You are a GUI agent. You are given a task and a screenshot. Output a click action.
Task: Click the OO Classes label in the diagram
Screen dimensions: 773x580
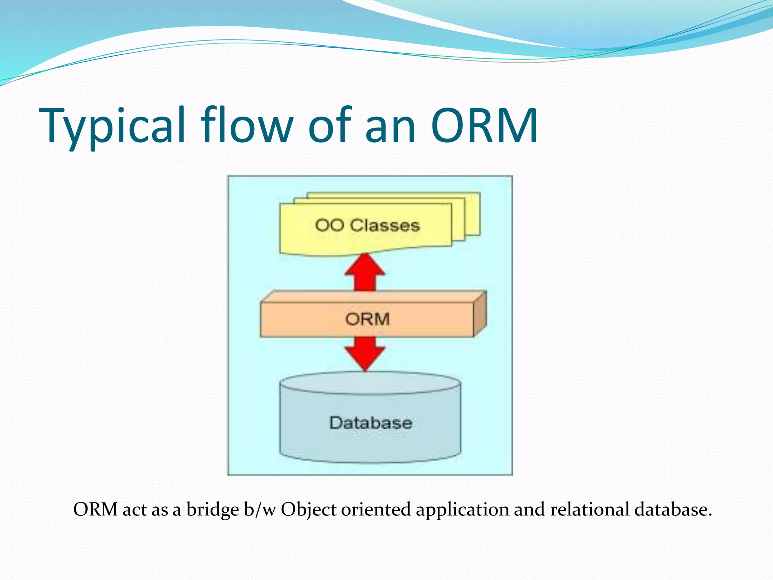(x=367, y=225)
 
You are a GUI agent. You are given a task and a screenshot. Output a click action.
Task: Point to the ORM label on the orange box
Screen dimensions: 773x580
(x=367, y=319)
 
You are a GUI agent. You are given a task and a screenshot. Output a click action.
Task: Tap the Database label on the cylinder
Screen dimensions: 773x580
(x=371, y=423)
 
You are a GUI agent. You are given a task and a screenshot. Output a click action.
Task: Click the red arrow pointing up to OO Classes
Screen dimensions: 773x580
(x=365, y=272)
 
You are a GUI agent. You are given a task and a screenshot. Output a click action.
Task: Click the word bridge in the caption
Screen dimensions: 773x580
(x=212, y=509)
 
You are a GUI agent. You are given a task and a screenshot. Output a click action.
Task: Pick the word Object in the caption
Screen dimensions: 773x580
(x=308, y=509)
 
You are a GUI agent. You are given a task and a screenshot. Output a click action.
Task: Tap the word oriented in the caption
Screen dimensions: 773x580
(x=376, y=509)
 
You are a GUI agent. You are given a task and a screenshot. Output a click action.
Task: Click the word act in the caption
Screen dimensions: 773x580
(x=134, y=509)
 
